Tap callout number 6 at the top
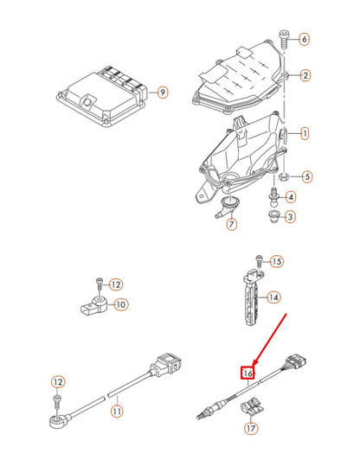tap(304, 40)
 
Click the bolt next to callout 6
tap(283, 36)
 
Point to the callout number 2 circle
tap(305, 75)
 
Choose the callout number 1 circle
tap(305, 134)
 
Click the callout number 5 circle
tap(307, 176)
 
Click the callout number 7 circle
tap(231, 225)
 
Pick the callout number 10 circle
tap(121, 304)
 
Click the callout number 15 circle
tap(277, 261)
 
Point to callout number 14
tap(273, 297)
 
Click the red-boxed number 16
tap(248, 373)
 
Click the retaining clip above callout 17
tap(253, 403)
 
